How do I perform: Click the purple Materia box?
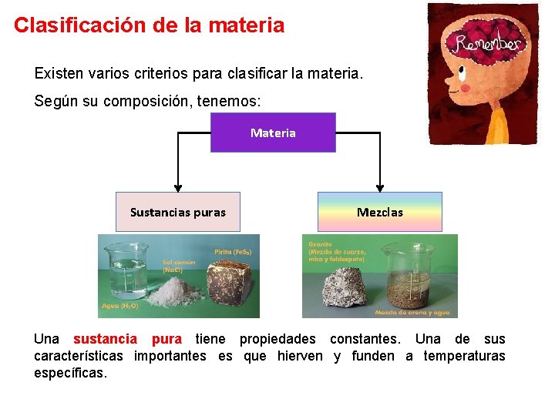(273, 133)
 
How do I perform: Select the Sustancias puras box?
(178, 212)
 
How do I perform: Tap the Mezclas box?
(380, 212)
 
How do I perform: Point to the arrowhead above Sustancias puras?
(178, 187)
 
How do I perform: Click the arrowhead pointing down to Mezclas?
(380, 187)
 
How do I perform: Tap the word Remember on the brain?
(487, 43)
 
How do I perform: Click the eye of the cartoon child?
(461, 72)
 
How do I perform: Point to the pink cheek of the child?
(465, 88)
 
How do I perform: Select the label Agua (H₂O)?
(119, 306)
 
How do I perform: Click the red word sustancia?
(105, 339)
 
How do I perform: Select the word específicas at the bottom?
(70, 373)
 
